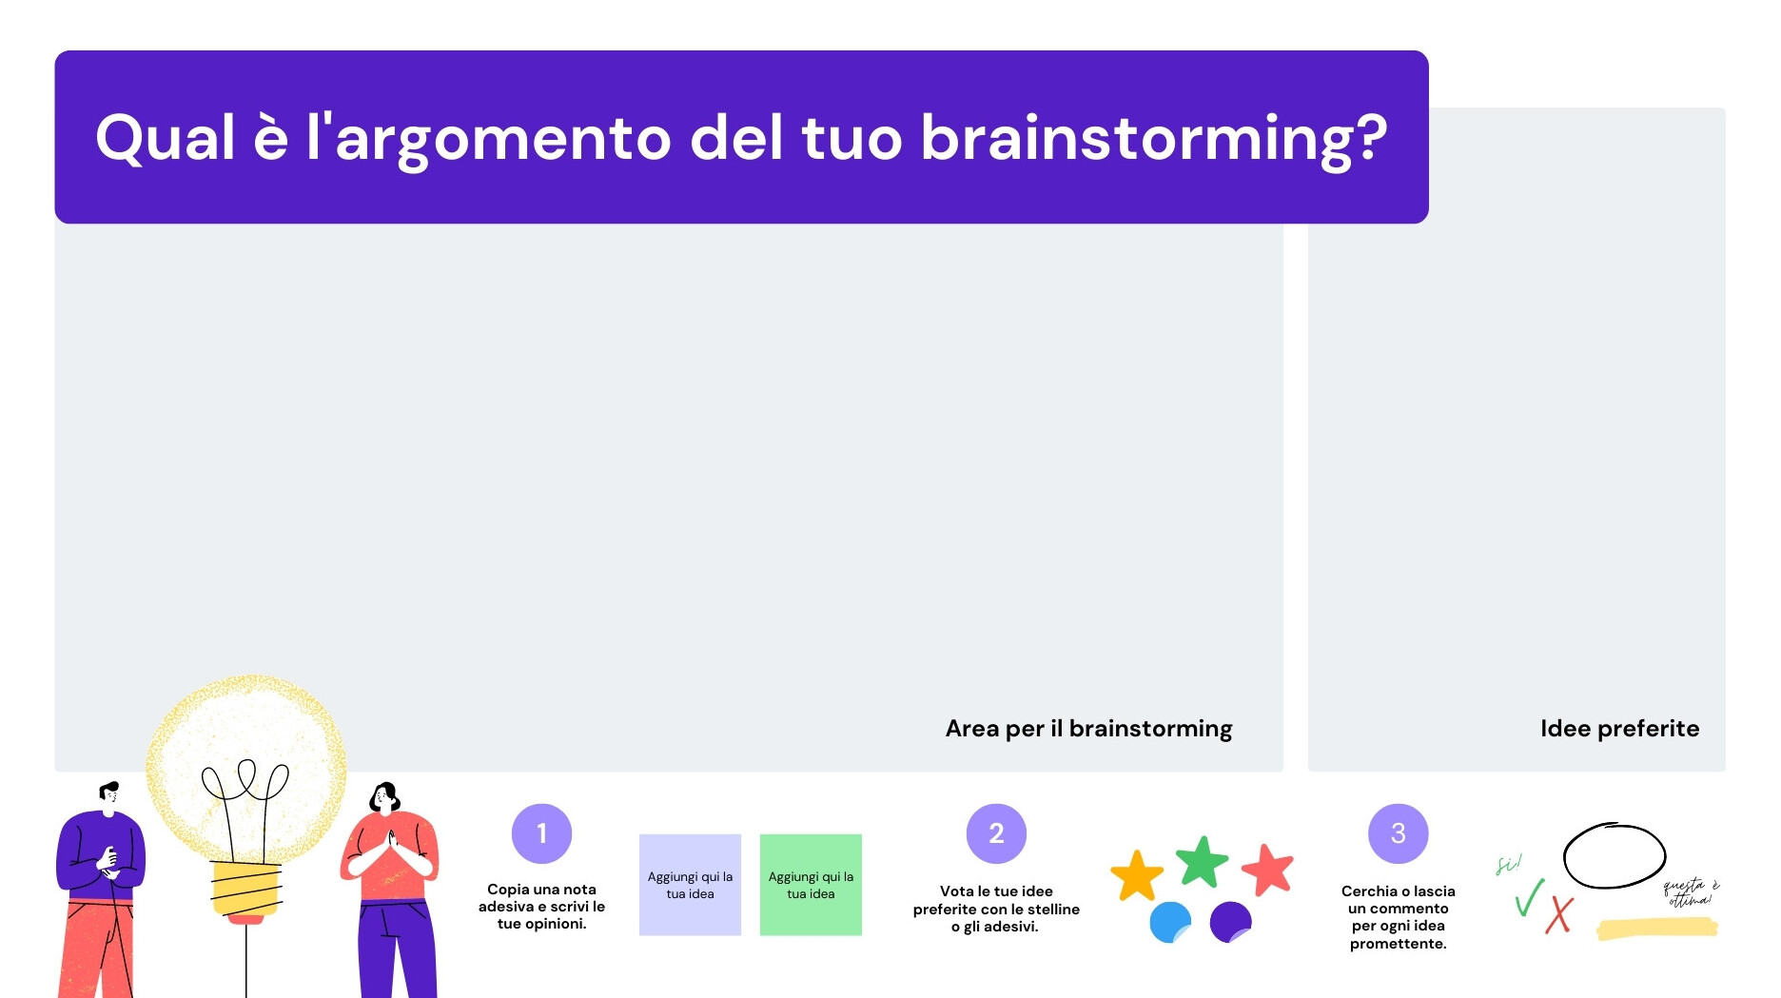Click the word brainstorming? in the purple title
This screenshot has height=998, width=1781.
[x=1153, y=139]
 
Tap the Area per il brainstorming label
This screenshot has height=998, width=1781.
[x=1088, y=729]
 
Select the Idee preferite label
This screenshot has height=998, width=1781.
[x=1619, y=729]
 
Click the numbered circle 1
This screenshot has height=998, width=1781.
[x=541, y=833]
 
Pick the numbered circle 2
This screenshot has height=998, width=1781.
[x=996, y=833]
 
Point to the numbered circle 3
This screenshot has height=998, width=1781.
[x=1398, y=833]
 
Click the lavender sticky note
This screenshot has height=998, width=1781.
[x=690, y=885]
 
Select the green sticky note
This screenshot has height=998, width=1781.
[x=811, y=885]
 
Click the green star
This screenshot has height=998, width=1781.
[x=1202, y=862]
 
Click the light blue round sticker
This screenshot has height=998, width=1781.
[x=1170, y=922]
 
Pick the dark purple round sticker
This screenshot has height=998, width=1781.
[x=1230, y=922]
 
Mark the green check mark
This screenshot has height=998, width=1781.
[x=1529, y=898]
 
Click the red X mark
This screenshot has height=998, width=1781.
[x=1559, y=915]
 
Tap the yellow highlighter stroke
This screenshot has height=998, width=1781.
[x=1656, y=928]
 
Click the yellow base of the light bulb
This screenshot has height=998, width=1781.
[x=246, y=890]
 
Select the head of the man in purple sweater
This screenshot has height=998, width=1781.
[x=109, y=795]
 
